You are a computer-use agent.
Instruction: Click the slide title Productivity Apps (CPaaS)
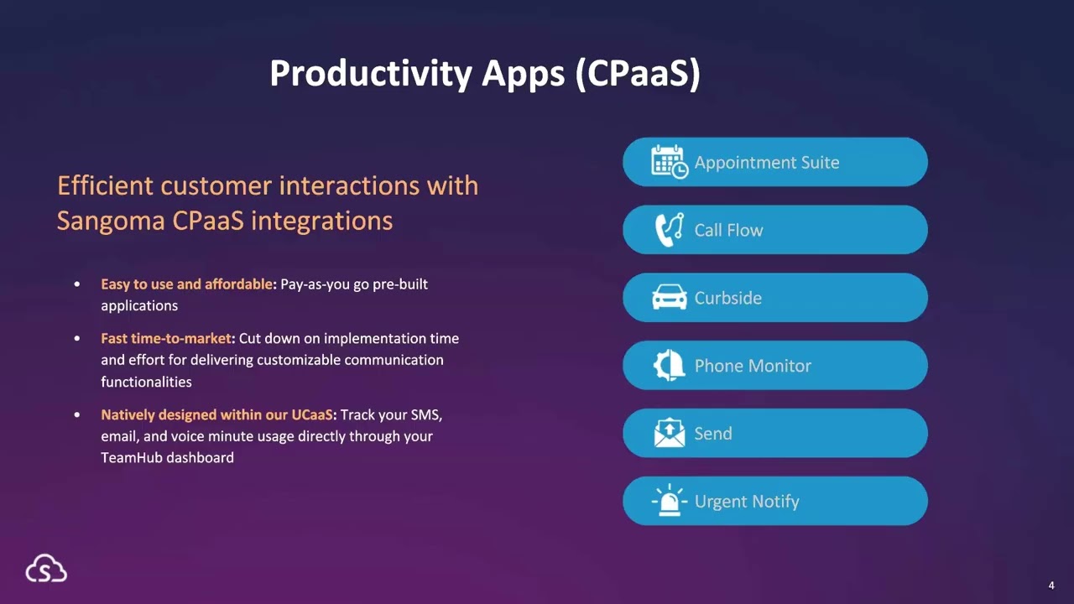pos(484,74)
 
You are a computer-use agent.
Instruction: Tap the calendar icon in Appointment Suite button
pos(669,161)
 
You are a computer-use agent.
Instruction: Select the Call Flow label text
pos(728,230)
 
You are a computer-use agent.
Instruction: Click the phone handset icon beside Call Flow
pos(669,229)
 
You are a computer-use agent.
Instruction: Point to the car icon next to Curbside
pos(669,297)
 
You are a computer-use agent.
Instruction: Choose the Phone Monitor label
pos(753,366)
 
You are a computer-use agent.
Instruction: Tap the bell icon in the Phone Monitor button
pos(670,365)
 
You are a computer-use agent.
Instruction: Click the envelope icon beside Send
pos(669,433)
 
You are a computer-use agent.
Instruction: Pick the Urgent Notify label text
pos(747,502)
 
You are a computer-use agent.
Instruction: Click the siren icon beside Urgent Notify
pos(669,501)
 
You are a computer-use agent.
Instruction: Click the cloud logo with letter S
pos(46,570)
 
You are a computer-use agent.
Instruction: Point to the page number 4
pos(1051,586)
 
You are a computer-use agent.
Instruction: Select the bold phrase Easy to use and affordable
pos(186,284)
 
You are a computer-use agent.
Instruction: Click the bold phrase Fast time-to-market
pos(165,339)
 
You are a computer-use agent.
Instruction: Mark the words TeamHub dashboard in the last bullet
pos(167,458)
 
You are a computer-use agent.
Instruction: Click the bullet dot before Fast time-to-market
pos(78,339)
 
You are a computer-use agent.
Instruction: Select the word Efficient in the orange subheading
pos(106,185)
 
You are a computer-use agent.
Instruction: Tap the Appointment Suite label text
pos(766,163)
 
